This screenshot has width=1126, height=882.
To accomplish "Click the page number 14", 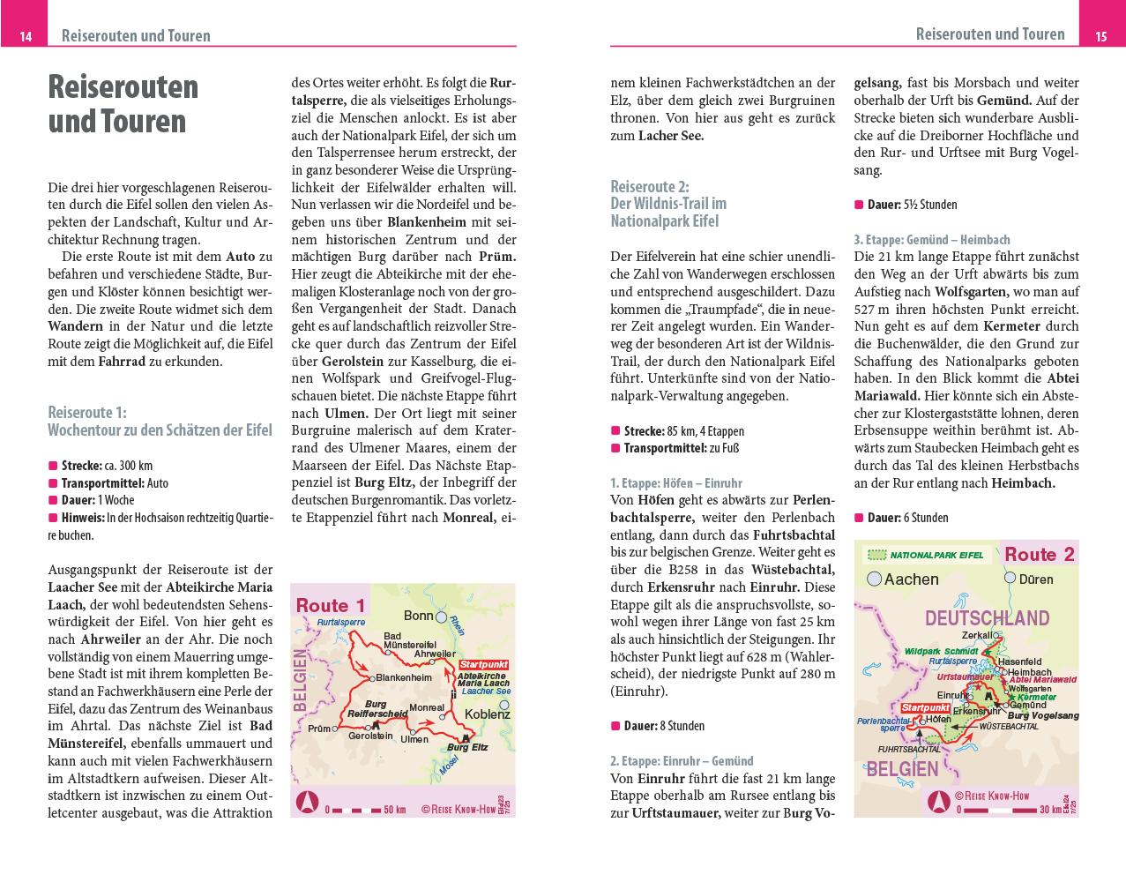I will (x=26, y=36).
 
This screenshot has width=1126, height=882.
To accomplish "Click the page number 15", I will (x=1100, y=36).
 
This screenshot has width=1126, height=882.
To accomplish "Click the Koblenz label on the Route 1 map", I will (x=488, y=714).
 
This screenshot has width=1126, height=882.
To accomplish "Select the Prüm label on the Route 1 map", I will (x=317, y=729).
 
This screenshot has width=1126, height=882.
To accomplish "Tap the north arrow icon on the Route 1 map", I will (x=309, y=804).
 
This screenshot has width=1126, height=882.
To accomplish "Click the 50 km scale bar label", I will (x=394, y=810).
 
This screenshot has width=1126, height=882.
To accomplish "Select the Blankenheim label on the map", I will (x=404, y=677).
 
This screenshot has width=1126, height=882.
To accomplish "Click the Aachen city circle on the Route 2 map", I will (x=875, y=579).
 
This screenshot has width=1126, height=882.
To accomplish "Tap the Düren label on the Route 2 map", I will (x=1036, y=579).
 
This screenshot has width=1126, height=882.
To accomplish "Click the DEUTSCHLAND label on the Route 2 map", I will (x=987, y=617).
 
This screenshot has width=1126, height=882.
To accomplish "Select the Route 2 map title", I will (x=1039, y=554).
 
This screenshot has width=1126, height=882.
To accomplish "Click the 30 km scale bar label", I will (x=1049, y=808).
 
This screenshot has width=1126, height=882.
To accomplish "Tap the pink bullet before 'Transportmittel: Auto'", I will (x=53, y=483).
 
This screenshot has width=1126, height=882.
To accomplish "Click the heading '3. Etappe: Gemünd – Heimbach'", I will (x=931, y=239).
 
